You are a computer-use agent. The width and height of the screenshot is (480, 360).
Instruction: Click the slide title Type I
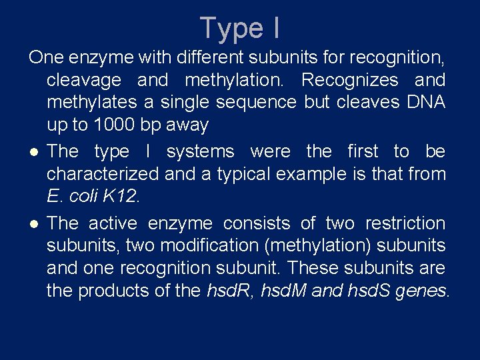pos(240,28)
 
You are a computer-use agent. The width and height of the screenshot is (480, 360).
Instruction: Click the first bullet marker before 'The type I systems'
pos(33,153)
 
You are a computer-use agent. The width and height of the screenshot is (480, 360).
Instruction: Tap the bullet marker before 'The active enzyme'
pos(33,224)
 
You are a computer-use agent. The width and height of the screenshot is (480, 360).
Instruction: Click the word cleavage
pos(84,80)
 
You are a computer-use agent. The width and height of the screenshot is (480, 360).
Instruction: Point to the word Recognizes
pos(350,80)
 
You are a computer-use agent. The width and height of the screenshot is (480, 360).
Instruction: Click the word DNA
pos(423,102)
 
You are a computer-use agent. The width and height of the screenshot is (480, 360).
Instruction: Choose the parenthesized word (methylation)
pos(319,246)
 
